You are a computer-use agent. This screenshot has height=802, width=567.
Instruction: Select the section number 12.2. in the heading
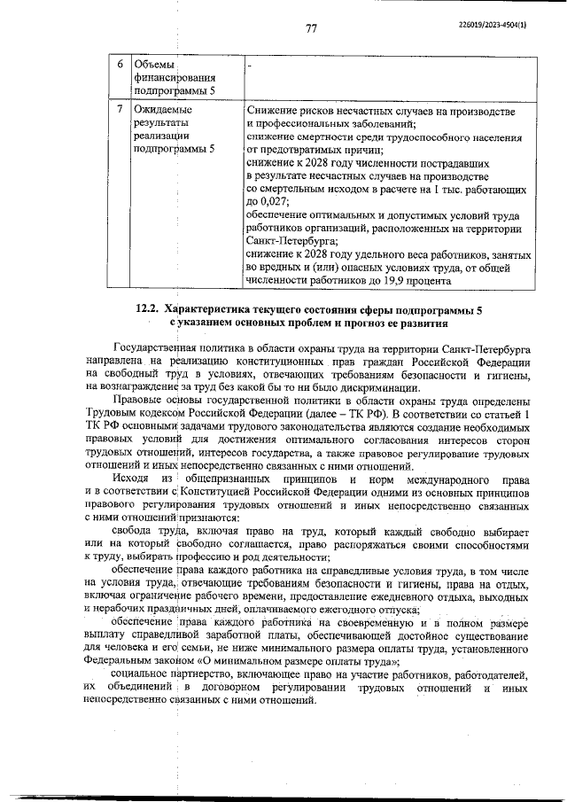click(x=149, y=310)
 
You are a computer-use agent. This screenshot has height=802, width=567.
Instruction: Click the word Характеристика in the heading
click(x=215, y=310)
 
